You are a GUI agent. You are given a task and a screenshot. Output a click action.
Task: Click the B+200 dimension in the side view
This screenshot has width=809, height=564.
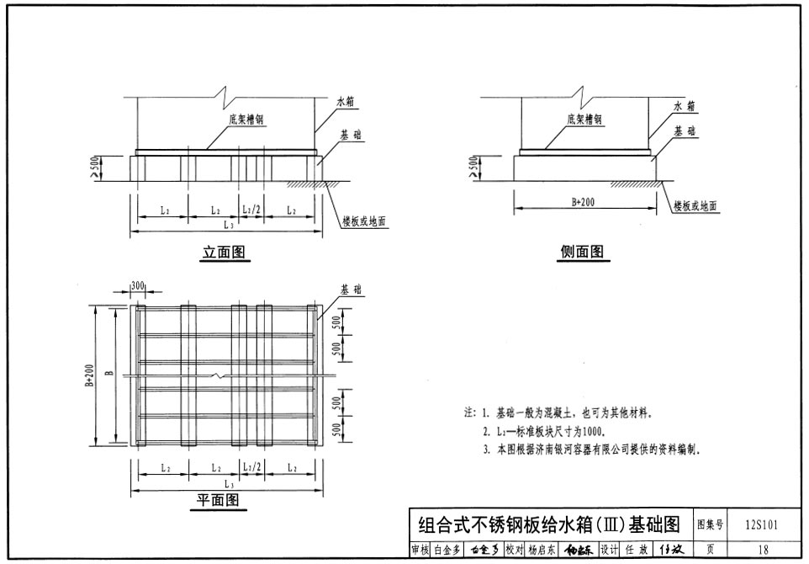point(583,203)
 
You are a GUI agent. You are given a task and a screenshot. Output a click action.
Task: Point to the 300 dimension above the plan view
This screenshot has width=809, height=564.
point(139,286)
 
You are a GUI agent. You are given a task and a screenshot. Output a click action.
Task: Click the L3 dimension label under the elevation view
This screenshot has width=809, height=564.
point(227,225)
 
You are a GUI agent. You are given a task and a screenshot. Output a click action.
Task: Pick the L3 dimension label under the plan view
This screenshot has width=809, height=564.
point(227,486)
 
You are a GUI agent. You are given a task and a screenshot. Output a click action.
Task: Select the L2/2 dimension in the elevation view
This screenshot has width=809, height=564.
point(251,210)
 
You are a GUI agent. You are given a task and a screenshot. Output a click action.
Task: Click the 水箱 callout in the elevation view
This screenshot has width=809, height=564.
point(346,101)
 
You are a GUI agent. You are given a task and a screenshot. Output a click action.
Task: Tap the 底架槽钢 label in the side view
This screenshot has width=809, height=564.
point(584,120)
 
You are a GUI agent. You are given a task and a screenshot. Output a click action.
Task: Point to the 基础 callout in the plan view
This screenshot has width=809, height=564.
point(352,289)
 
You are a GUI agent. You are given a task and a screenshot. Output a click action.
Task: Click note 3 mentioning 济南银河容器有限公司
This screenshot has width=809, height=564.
point(593,450)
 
